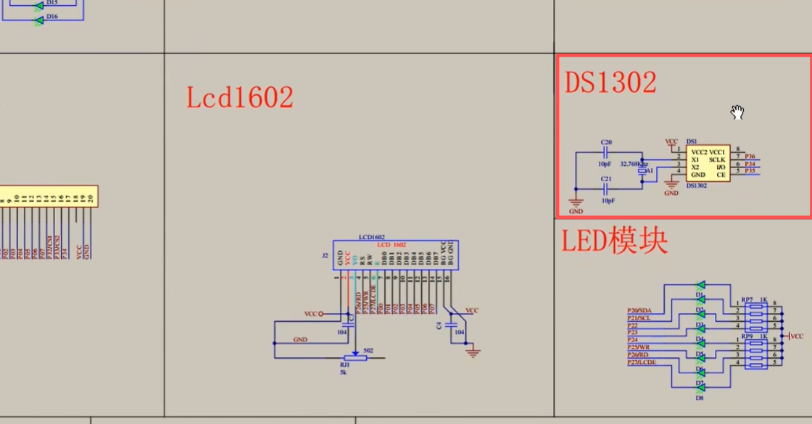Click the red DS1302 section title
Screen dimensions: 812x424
610,83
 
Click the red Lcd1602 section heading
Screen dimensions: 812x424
239,97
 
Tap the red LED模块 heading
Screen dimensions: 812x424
614,241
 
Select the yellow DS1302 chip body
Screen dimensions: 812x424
708,163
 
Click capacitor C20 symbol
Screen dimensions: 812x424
607,153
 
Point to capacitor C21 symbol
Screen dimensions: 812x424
607,188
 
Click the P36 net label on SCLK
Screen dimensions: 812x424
750,157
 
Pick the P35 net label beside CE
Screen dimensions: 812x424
750,171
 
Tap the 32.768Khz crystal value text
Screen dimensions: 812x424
634,164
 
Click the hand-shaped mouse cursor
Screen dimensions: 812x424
737,112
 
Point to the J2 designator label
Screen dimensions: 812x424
324,255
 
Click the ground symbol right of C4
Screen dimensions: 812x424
473,353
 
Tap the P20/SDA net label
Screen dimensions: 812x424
639,310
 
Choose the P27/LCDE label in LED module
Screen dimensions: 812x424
642,362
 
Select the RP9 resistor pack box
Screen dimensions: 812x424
757,351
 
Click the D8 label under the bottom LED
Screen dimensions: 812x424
700,398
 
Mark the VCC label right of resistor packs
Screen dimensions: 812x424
797,336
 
